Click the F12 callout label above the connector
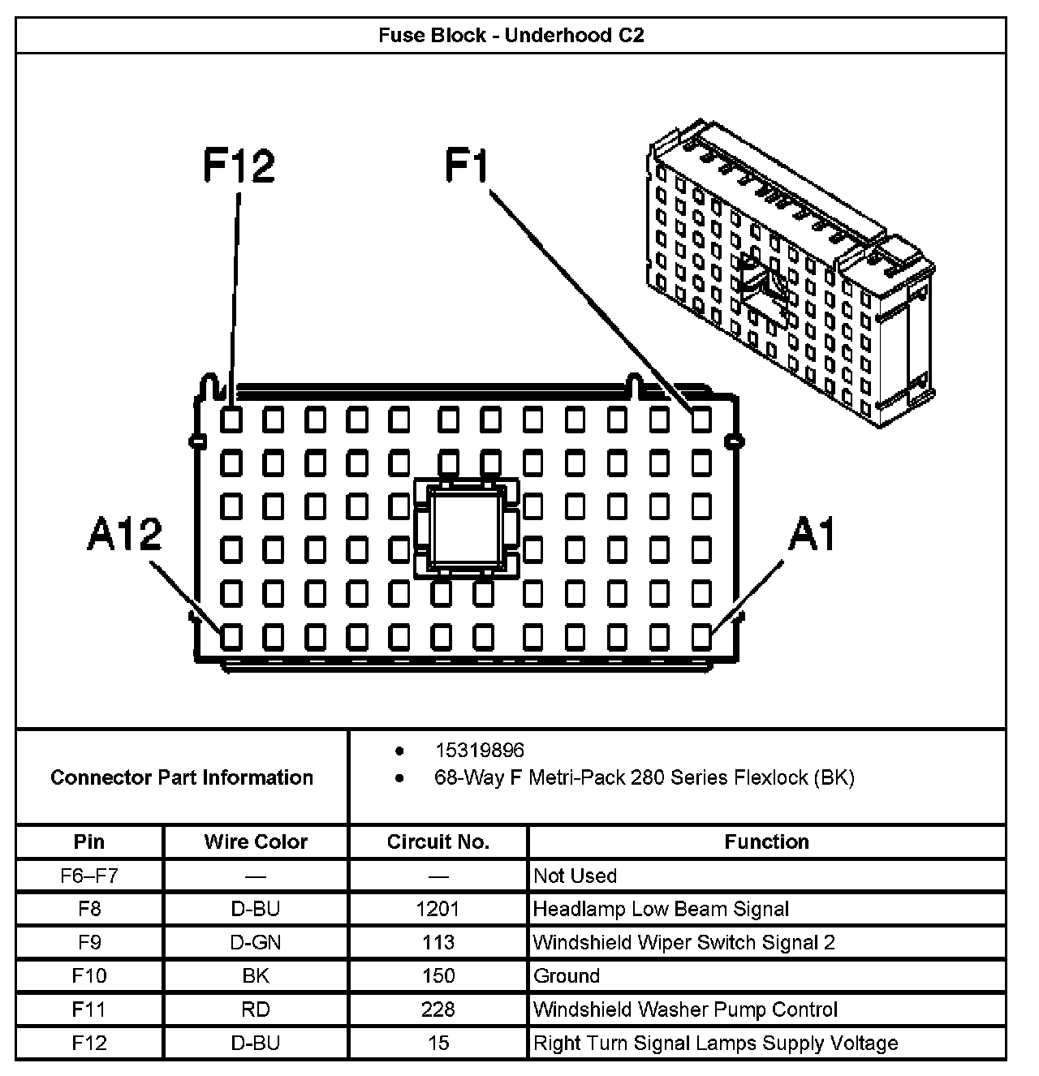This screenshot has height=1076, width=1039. tap(239, 166)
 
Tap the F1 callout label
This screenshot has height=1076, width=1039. tap(468, 166)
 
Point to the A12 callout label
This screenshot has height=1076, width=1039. tap(124, 535)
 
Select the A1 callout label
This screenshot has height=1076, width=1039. tap(812, 535)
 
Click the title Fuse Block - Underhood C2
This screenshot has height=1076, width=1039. tap(511, 36)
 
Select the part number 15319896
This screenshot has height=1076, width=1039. tap(480, 751)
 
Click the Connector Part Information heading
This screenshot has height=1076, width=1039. tap(182, 777)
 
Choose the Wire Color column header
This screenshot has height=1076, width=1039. tap(256, 842)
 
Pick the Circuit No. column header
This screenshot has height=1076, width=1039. tap(438, 842)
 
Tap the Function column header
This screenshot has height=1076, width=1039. tap(766, 842)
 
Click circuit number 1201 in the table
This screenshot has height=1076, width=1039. tap(438, 909)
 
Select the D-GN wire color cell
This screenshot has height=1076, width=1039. tap(256, 942)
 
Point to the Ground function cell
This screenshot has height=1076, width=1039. tap(567, 975)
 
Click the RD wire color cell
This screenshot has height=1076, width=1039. tap(256, 1009)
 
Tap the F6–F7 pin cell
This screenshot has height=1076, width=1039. tap(89, 876)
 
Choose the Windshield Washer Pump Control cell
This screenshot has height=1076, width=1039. tap(685, 1009)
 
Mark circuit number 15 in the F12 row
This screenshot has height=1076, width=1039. tap(438, 1043)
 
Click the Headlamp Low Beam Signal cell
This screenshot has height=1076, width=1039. tap(661, 909)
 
